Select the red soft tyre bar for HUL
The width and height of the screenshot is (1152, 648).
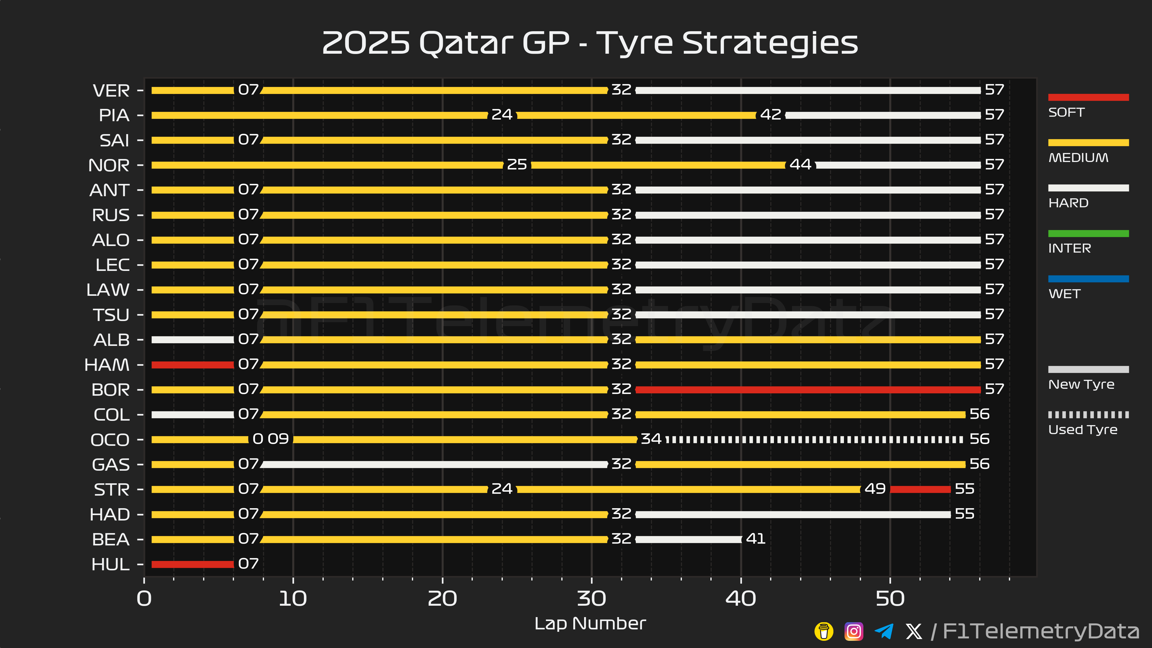(192, 564)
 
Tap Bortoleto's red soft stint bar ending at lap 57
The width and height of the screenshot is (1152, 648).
(808, 389)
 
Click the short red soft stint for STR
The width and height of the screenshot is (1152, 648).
(920, 489)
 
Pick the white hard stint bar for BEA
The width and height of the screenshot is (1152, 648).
(688, 539)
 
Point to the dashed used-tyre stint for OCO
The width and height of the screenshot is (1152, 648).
(814, 439)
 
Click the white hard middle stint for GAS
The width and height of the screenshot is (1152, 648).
(434, 464)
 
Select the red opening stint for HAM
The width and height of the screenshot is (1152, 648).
(192, 364)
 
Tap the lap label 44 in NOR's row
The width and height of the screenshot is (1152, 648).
(800, 165)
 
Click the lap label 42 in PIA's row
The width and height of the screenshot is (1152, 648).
(770, 115)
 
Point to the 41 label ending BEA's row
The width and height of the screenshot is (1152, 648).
(756, 539)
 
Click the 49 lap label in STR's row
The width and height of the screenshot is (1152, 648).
(875, 489)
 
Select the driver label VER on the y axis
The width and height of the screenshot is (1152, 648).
(111, 91)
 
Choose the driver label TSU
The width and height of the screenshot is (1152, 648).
(111, 315)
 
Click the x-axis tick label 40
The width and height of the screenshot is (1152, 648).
(741, 599)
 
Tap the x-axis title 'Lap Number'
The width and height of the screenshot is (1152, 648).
(590, 623)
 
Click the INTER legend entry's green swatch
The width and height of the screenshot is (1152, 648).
(1088, 233)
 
